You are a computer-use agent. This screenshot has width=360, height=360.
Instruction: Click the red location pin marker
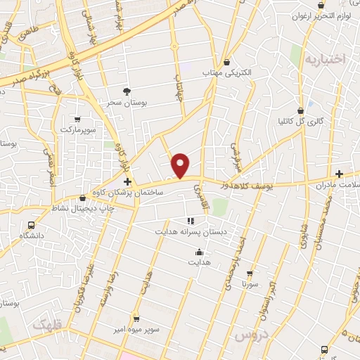(x=181, y=165)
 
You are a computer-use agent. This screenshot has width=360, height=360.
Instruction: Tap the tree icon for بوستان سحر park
(x=127, y=91)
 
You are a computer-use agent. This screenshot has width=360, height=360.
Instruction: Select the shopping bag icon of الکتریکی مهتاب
(x=226, y=61)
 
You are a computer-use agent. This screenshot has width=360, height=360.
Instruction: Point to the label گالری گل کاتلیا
(x=300, y=121)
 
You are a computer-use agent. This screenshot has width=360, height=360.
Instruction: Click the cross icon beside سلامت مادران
(x=340, y=173)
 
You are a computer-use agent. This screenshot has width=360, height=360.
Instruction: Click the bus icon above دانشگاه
(x=31, y=224)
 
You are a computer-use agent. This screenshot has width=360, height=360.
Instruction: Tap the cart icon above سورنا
(x=249, y=273)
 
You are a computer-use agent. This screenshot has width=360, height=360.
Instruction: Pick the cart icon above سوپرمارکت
(x=77, y=120)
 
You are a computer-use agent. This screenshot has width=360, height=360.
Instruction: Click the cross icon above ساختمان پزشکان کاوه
(x=127, y=181)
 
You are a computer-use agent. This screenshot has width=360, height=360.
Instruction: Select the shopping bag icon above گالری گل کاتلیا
(x=301, y=110)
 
